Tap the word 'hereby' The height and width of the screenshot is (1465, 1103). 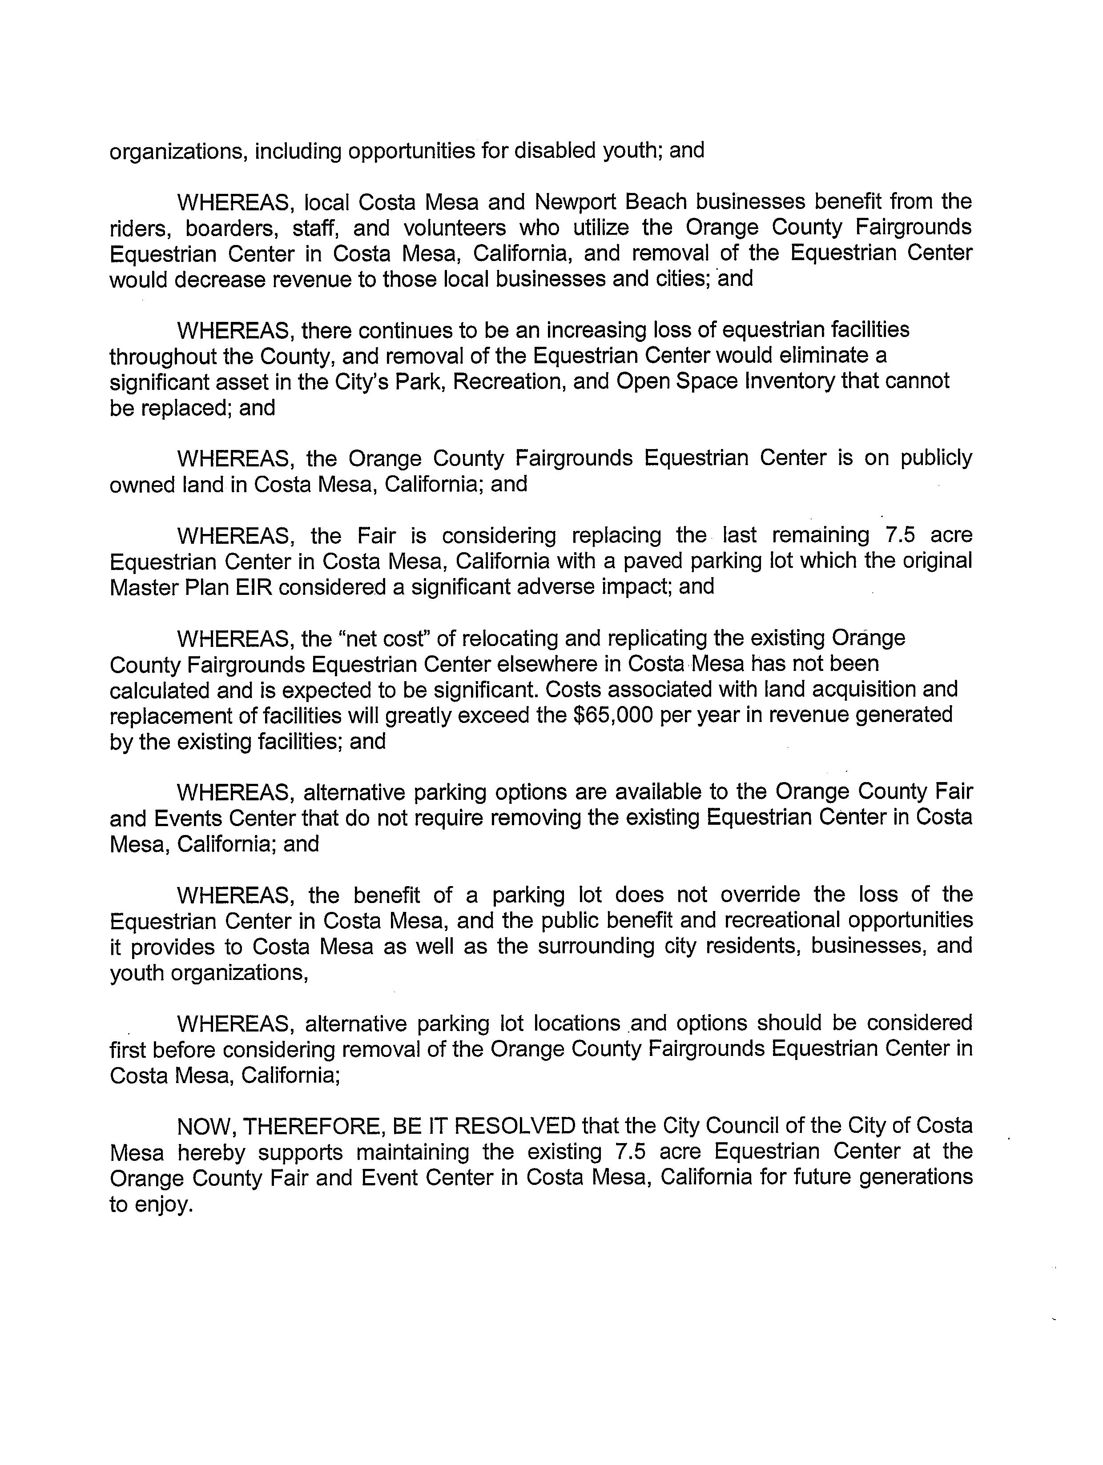tap(211, 1152)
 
